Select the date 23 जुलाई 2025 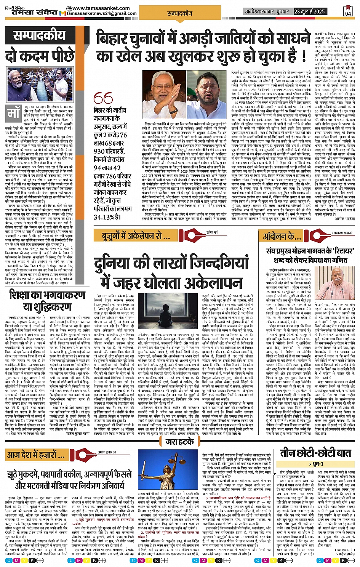309,12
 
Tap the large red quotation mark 103,98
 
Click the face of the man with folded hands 164,82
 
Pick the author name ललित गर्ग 212,232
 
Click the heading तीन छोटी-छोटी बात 315,453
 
